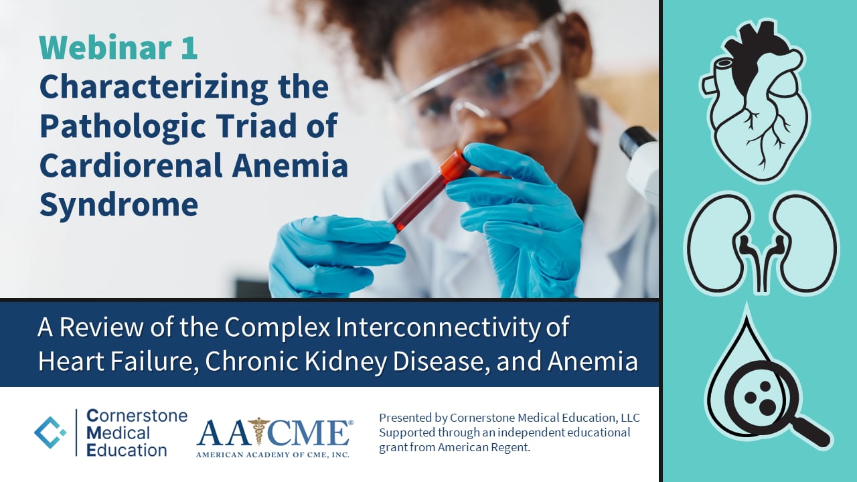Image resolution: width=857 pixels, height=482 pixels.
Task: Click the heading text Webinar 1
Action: (x=119, y=48)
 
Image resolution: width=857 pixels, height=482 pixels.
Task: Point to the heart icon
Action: (x=755, y=100)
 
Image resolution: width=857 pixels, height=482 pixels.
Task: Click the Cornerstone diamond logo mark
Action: (x=50, y=432)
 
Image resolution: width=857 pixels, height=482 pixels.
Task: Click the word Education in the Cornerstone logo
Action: (x=127, y=449)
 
